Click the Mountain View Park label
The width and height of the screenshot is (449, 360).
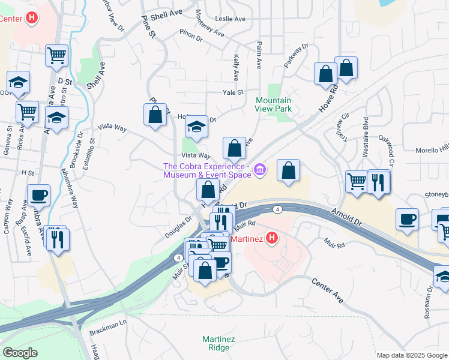click(274, 104)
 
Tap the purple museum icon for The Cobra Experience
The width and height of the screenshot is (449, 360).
click(259, 170)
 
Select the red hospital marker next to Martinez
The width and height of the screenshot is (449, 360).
click(271, 238)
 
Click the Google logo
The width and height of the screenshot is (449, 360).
click(20, 352)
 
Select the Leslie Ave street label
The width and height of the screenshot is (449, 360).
click(231, 19)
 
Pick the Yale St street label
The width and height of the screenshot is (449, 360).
click(233, 92)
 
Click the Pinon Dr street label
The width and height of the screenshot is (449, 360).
click(191, 35)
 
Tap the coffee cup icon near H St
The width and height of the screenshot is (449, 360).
click(39, 195)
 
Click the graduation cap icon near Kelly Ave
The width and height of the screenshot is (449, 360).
click(196, 126)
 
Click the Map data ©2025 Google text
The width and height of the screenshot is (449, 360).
click(412, 355)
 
